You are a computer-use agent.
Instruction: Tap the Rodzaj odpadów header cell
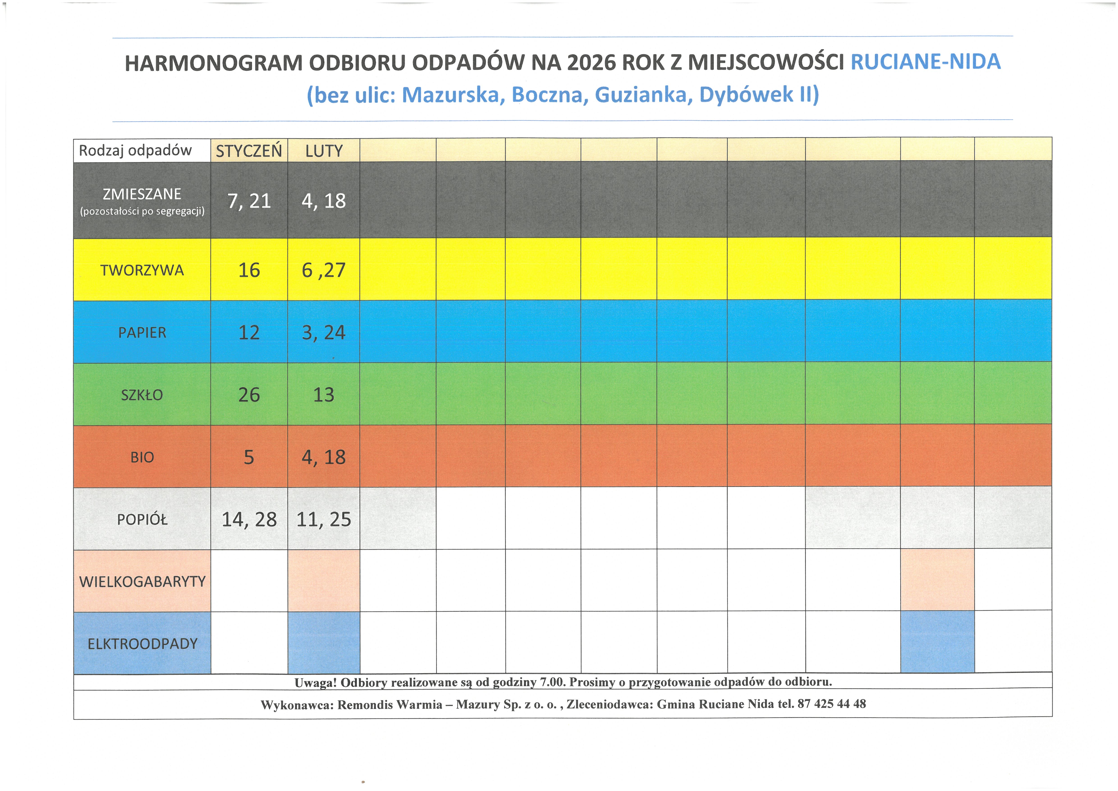pyautogui.click(x=135, y=150)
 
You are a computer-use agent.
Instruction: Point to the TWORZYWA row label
pyautogui.click(x=142, y=270)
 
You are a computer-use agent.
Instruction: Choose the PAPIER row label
pyautogui.click(x=142, y=332)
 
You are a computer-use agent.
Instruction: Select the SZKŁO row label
pyautogui.click(x=142, y=395)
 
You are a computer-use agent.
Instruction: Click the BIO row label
pyautogui.click(x=142, y=457)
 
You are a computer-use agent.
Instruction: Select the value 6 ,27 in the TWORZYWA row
pyautogui.click(x=324, y=270)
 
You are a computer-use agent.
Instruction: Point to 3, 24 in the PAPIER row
pyautogui.click(x=324, y=332)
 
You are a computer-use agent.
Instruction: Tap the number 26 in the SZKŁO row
pyautogui.click(x=249, y=395)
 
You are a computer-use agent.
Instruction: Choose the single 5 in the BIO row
pyautogui.click(x=249, y=457)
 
